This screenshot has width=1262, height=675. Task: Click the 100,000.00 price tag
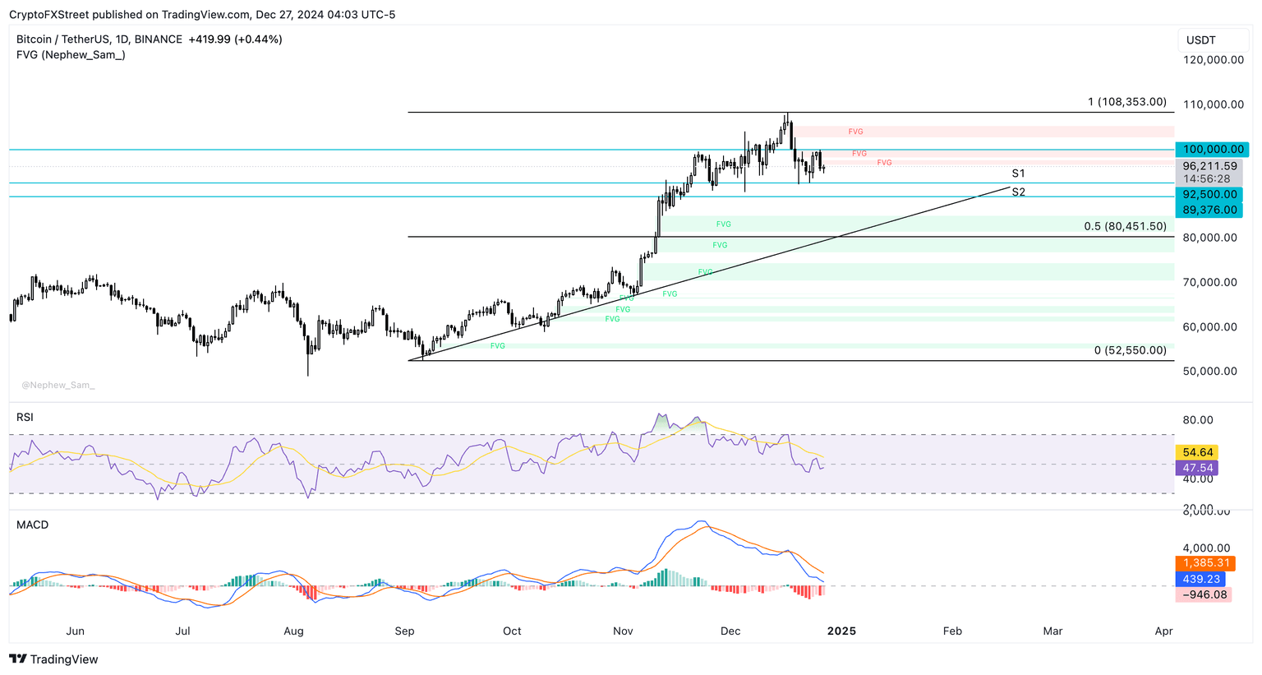click(x=1212, y=150)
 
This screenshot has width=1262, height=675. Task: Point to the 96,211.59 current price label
click(x=1210, y=166)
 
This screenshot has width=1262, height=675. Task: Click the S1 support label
click(x=1018, y=173)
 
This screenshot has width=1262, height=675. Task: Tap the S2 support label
click(x=1018, y=192)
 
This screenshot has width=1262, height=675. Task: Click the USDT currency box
click(x=1201, y=40)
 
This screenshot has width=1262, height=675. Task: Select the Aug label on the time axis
click(x=293, y=631)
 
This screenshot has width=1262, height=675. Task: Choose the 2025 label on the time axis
click(x=841, y=631)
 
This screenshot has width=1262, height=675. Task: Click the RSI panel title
click(x=25, y=418)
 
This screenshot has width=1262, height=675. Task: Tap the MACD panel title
click(x=32, y=525)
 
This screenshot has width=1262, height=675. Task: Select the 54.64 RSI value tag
click(x=1198, y=452)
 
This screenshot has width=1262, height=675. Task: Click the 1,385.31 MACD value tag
click(x=1205, y=563)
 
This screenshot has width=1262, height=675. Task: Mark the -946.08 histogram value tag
click(x=1204, y=594)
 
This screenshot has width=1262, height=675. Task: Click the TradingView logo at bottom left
click(x=53, y=659)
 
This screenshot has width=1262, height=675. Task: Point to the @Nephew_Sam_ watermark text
click(x=58, y=385)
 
